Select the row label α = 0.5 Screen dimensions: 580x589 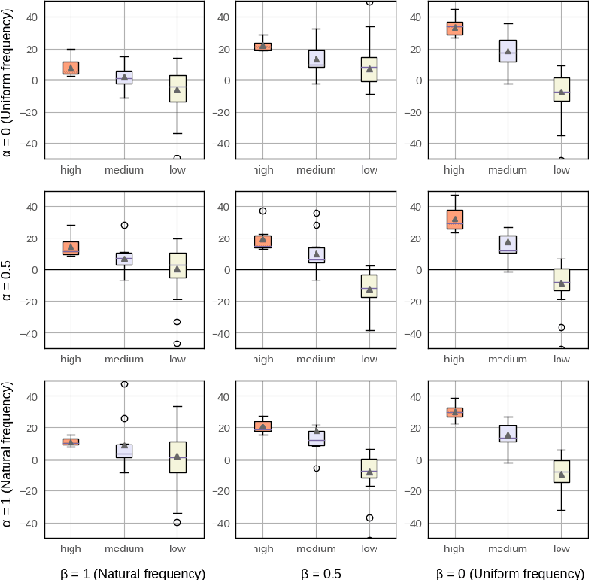point(8,271)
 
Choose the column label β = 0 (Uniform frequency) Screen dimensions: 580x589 point(509,572)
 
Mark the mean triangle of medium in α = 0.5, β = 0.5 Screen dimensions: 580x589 point(315,254)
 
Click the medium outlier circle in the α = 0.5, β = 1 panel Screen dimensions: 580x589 point(124,226)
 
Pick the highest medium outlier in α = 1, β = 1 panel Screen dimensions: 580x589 point(124,384)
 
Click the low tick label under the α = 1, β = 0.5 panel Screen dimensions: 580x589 point(370,549)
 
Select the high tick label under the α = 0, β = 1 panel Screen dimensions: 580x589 point(71,170)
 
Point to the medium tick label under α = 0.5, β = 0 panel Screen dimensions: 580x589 point(508,360)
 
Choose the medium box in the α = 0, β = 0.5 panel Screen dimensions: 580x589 point(315,58)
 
